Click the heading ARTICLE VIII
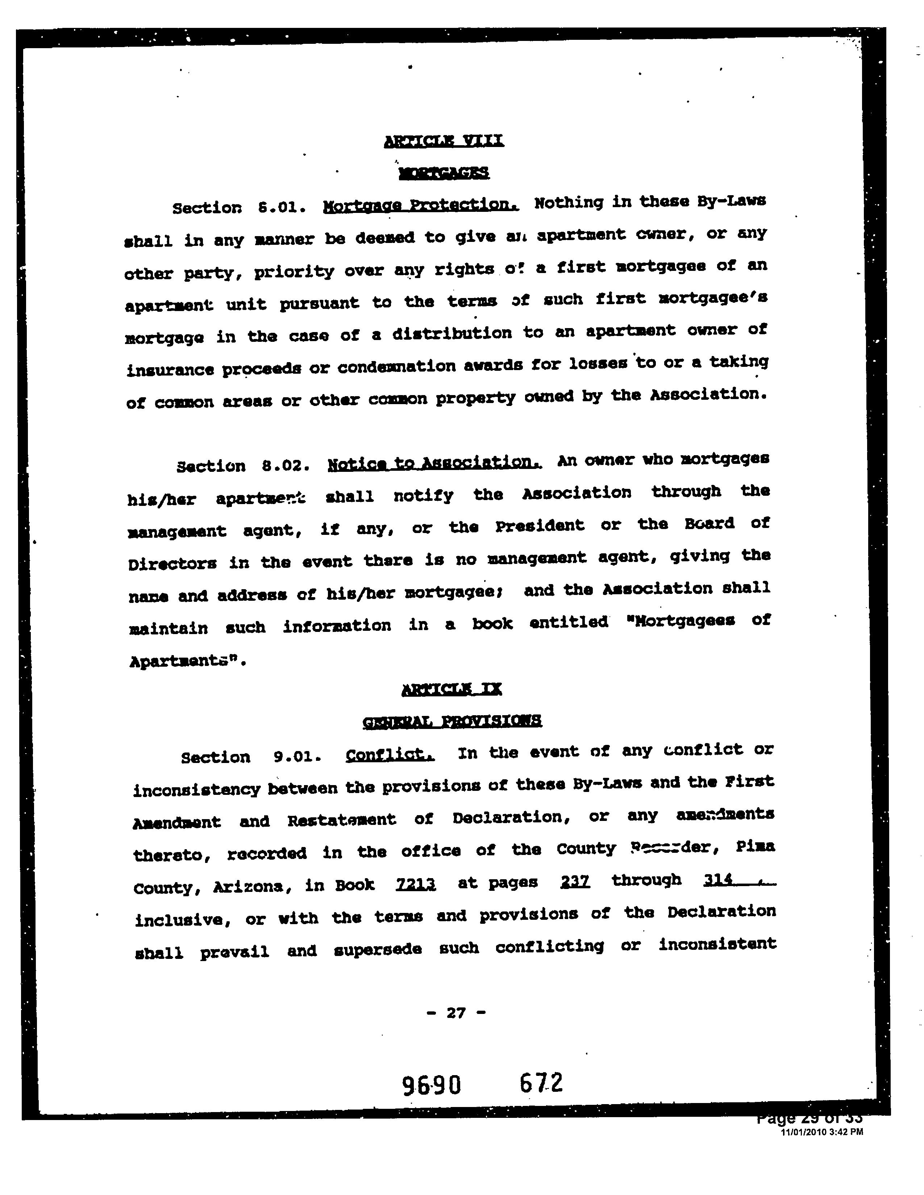pyautogui.click(x=444, y=141)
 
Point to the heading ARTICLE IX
pyautogui.click(x=451, y=689)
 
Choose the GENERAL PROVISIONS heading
pyautogui.click(x=452, y=721)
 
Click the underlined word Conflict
pyautogui.click(x=390, y=755)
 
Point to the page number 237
pyautogui.click(x=575, y=881)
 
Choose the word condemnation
pyautogui.click(x=396, y=366)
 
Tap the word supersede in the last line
pyautogui.click(x=378, y=949)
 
